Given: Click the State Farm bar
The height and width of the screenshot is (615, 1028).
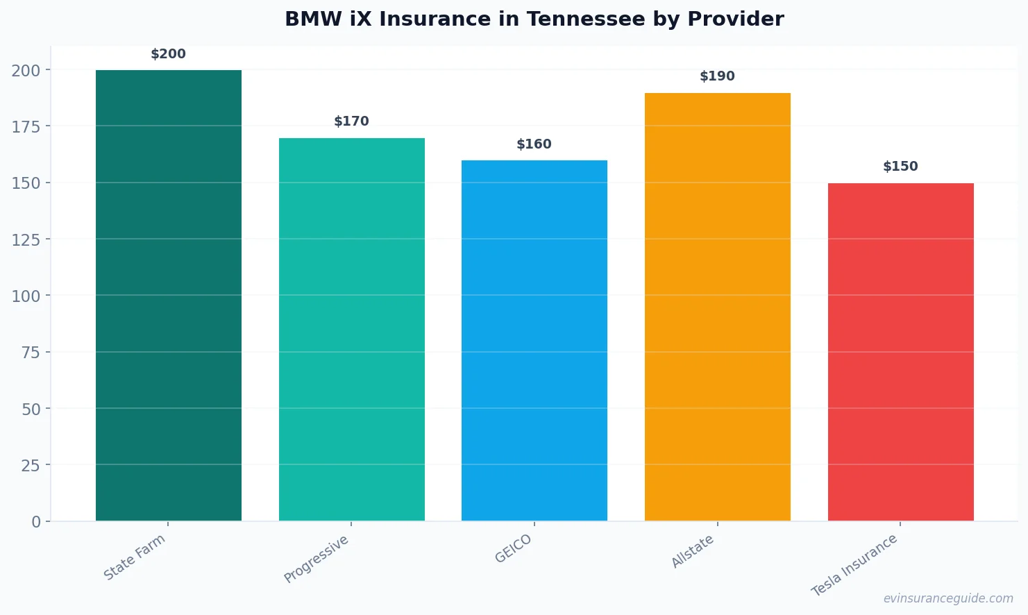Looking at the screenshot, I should (x=169, y=295).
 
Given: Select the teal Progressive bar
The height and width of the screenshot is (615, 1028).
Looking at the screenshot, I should (x=351, y=329).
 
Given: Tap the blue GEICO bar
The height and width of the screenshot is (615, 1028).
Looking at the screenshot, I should (x=534, y=340).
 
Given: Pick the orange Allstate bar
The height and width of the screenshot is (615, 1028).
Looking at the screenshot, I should (x=717, y=306).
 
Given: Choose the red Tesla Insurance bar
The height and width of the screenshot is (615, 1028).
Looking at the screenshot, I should (x=900, y=351).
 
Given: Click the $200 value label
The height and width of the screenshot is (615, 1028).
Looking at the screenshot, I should (x=169, y=54).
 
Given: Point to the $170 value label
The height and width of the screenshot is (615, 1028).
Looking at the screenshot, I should (x=351, y=121).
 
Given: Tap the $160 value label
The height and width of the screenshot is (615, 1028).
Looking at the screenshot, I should (x=534, y=144).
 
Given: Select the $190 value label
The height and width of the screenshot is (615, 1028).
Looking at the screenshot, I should (x=717, y=76).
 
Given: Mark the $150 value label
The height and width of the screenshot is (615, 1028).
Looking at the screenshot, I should (x=900, y=167).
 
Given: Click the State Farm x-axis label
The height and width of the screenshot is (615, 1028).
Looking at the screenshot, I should (x=135, y=557).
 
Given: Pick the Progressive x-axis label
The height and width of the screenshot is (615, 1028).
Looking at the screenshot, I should (x=317, y=559).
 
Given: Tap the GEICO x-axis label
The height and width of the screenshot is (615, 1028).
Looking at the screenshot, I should (x=513, y=548).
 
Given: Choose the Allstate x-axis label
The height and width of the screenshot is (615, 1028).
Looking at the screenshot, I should (x=693, y=552).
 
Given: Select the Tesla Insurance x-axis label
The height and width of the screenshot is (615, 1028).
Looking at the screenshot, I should (x=854, y=565).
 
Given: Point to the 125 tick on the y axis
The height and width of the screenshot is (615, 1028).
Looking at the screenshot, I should (x=26, y=239).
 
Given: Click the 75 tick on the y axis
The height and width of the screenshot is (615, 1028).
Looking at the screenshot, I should (x=31, y=353).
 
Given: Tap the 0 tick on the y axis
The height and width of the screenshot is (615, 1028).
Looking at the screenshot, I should (x=36, y=522).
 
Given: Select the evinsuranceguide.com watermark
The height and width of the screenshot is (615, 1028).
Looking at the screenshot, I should (x=948, y=598).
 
